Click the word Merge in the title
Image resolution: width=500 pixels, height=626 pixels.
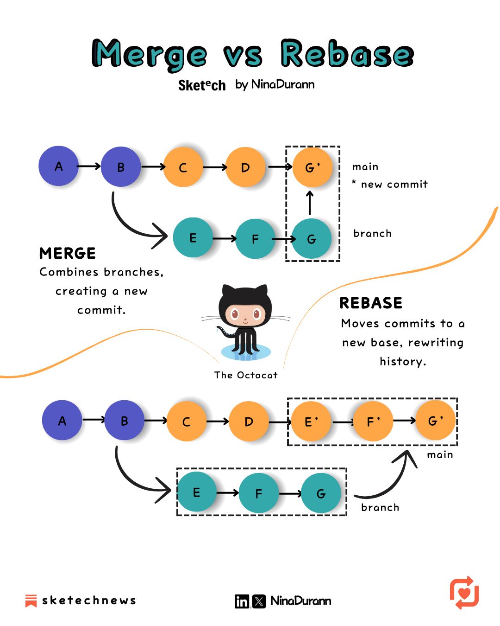[149, 55]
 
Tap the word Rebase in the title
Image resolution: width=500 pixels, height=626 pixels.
[346, 54]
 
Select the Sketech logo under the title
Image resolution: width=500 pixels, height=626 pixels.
[202, 85]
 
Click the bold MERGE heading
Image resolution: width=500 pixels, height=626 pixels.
[68, 253]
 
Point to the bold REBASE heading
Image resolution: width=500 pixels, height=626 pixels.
[371, 303]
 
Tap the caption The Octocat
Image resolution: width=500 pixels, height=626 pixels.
[246, 375]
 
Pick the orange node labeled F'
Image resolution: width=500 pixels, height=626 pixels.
[373, 422]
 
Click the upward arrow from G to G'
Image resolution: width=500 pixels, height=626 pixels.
[310, 203]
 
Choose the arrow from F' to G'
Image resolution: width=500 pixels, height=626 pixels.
[404, 421]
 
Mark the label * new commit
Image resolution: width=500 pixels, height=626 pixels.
[390, 184]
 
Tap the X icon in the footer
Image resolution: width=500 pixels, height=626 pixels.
[259, 601]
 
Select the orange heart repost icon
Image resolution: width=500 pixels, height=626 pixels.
[464, 593]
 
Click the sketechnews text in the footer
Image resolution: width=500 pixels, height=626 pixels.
[89, 600]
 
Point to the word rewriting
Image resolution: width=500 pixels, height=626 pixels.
[436, 343]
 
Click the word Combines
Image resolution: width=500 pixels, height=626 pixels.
[69, 272]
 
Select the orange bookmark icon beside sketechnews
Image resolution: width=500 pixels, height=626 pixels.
[31, 600]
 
